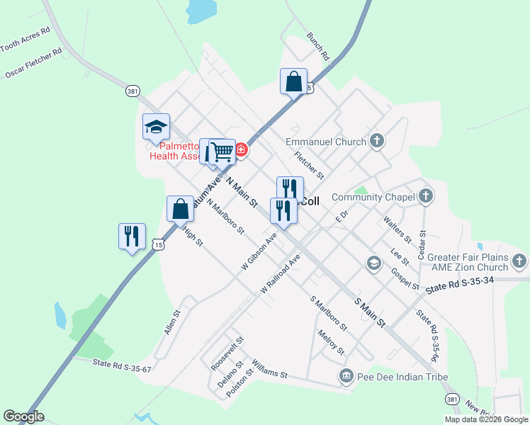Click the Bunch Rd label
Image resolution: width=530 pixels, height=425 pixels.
pyautogui.click(x=318, y=45)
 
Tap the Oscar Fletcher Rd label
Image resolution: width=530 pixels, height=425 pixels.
pyautogui.click(x=33, y=62)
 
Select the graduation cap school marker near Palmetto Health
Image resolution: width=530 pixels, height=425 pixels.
pyautogui.click(x=156, y=127)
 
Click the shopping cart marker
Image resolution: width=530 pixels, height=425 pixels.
pyautogui.click(x=222, y=151)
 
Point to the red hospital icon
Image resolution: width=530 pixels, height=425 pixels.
pyautogui.click(x=241, y=149)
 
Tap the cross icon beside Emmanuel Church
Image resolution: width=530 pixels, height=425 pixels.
pyautogui.click(x=376, y=141)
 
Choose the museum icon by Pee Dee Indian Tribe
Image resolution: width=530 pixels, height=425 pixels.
pyautogui.click(x=346, y=375)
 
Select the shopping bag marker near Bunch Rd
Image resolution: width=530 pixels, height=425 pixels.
pyautogui.click(x=293, y=81)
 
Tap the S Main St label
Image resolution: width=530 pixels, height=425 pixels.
pyautogui.click(x=369, y=312)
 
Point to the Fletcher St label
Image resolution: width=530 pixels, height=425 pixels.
pyautogui.click(x=309, y=165)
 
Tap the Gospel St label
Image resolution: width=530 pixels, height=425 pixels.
pyautogui.click(x=405, y=279)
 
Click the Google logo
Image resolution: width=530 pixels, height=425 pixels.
pyautogui.click(x=23, y=416)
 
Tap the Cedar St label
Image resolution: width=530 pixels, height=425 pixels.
pyautogui.click(x=422, y=242)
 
